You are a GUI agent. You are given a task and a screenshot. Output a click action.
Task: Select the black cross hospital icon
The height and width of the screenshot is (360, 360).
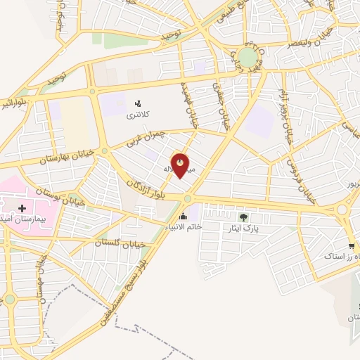[22, 208]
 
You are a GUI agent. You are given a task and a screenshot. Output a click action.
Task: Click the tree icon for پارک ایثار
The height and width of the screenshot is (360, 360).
[244, 217]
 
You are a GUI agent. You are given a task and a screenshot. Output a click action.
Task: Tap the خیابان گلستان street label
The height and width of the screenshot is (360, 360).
[120, 242]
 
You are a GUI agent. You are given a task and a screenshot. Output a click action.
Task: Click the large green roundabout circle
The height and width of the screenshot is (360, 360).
[247, 56]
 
